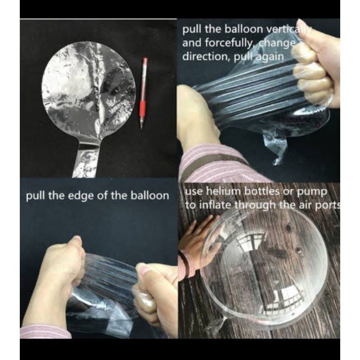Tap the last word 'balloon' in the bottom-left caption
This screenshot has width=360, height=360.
(x=150, y=195)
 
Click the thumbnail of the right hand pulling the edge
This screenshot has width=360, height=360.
(x=143, y=271)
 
